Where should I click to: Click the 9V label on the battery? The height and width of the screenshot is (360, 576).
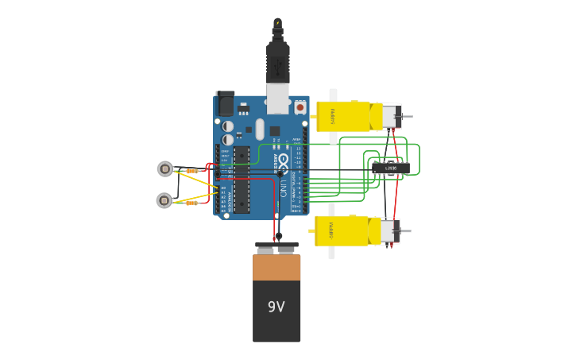tap(276, 307)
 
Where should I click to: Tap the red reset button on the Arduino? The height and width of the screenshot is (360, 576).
tap(300, 106)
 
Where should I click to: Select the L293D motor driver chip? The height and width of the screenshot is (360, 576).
tap(390, 168)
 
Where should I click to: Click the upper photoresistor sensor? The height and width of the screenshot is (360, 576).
tap(165, 168)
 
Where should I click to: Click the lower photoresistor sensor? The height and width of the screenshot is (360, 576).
tap(164, 200)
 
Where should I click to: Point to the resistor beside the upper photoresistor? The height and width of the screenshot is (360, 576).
tap(191, 170)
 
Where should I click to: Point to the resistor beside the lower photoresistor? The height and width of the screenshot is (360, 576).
tap(191, 203)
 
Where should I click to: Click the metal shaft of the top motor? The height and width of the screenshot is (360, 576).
tap(407, 118)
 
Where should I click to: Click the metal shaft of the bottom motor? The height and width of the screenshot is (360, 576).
tap(406, 232)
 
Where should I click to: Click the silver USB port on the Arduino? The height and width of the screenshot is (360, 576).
tap(277, 99)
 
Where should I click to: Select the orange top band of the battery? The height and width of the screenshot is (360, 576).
tap(276, 268)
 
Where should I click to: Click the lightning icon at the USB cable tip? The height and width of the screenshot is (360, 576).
tap(277, 23)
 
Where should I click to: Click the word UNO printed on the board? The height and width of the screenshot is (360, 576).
tap(284, 188)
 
